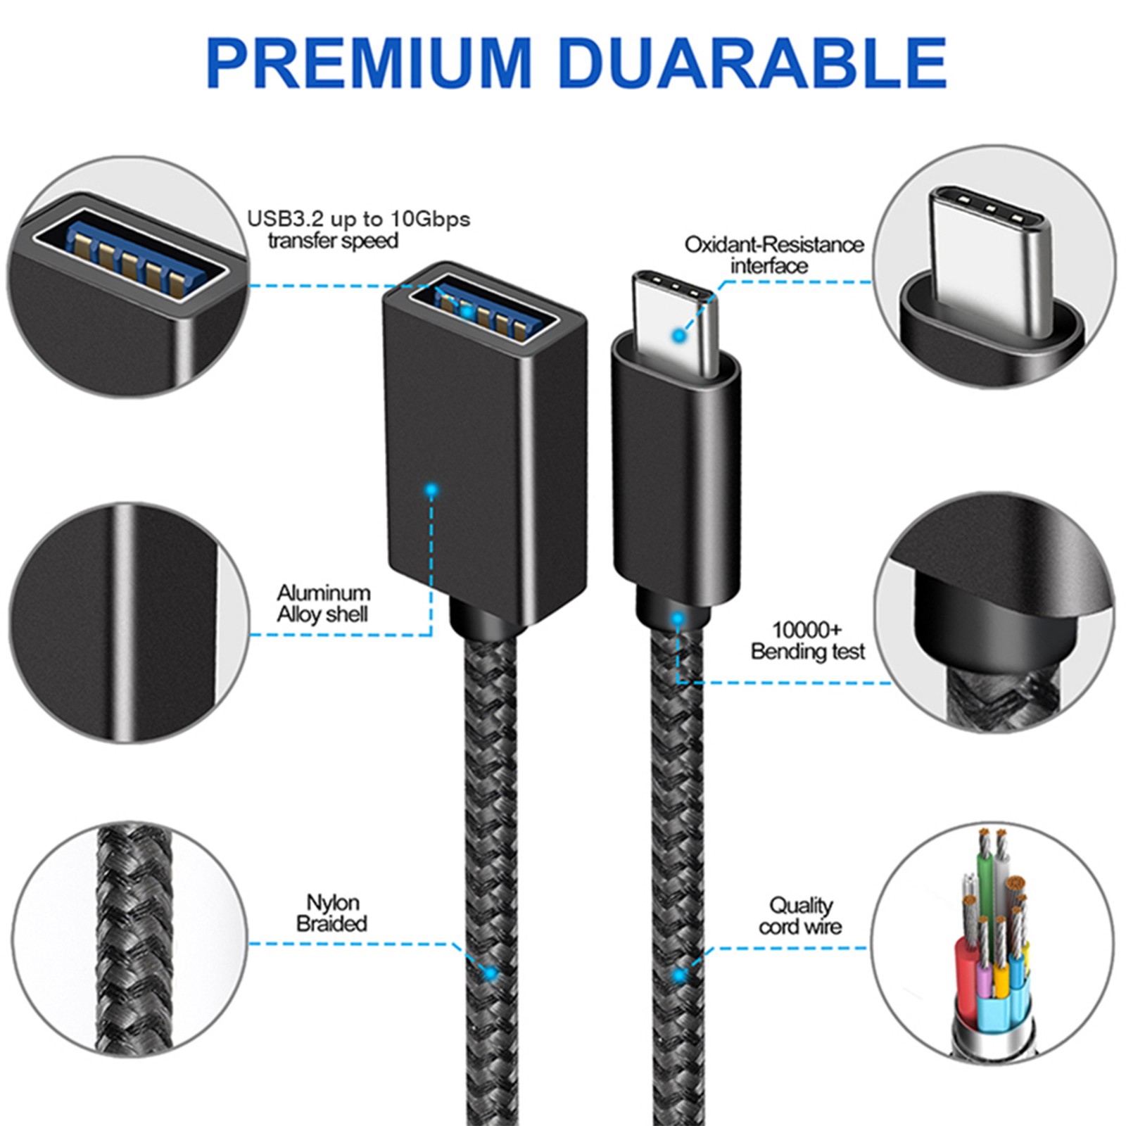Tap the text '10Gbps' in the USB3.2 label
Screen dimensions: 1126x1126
(x=430, y=219)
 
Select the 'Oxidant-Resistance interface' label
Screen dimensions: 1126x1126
(x=773, y=255)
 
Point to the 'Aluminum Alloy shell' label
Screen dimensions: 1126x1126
(x=323, y=603)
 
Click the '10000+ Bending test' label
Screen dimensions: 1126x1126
(x=807, y=640)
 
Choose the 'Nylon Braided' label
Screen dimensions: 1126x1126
(x=332, y=913)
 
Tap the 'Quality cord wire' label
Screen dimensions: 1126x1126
(x=800, y=916)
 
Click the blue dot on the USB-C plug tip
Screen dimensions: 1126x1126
(x=679, y=336)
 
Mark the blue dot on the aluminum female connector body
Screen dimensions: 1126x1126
(x=431, y=490)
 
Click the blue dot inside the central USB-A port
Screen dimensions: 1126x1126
(x=466, y=310)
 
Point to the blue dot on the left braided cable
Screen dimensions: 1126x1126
(x=491, y=974)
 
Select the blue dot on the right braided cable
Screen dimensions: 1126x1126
(x=679, y=975)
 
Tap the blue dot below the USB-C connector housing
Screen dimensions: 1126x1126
(x=678, y=619)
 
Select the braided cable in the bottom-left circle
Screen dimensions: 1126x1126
(x=134, y=940)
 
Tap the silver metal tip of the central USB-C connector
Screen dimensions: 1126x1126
(x=676, y=320)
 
